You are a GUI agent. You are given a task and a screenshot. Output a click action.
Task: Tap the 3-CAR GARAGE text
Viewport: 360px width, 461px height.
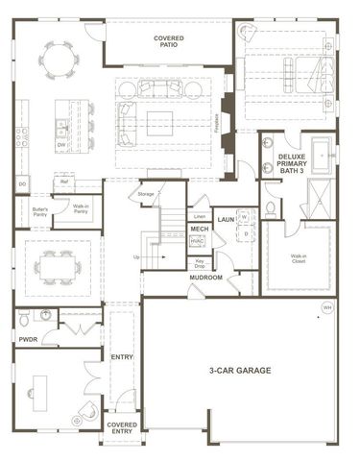240,370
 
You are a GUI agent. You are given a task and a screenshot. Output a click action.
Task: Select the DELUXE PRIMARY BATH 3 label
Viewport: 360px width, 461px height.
299,163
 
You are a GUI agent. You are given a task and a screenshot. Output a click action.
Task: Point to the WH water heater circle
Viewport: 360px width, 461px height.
326,306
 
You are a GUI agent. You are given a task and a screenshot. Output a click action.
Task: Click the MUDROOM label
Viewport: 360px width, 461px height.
205,278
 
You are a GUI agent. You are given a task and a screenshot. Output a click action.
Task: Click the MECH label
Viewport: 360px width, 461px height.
199,230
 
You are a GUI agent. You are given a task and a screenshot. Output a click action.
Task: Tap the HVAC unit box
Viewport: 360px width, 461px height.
199,242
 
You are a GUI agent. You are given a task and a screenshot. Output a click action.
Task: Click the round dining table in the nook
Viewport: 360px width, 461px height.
60,60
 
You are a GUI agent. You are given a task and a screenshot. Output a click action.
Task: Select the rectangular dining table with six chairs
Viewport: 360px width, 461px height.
59,259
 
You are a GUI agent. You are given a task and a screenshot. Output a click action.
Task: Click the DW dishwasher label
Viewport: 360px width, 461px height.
60,145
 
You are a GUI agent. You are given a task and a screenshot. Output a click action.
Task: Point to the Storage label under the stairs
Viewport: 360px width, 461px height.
145,194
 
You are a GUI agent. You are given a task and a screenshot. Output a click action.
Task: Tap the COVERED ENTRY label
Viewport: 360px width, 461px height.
122,427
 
